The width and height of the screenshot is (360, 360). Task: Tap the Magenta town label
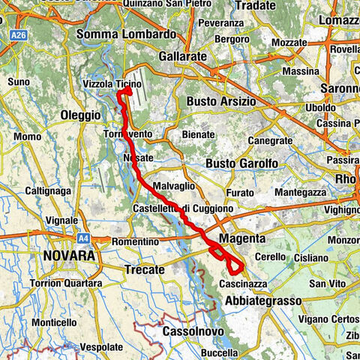pyautogui.click(x=241, y=238)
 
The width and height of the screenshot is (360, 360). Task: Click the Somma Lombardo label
pyautogui.click(x=127, y=34)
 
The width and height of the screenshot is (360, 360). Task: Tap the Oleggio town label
pyautogui.click(x=80, y=115)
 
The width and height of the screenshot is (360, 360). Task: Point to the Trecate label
pyautogui.click(x=144, y=269)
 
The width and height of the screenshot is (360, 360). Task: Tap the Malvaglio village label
pyautogui.click(x=173, y=185)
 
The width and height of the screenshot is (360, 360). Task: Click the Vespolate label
pyautogui.click(x=100, y=348)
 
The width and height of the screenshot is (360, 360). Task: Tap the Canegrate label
pyautogui.click(x=270, y=140)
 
